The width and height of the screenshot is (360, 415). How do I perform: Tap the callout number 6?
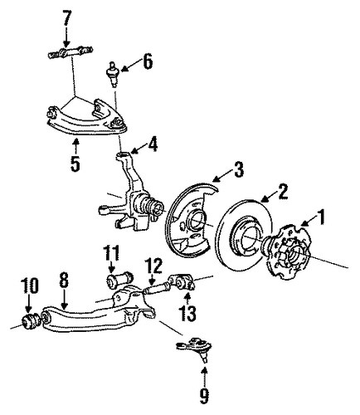148,61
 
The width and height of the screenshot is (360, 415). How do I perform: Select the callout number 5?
75,163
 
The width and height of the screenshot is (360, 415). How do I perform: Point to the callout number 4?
152,144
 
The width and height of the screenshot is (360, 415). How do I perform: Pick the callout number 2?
282,191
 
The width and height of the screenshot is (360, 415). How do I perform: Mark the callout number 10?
29,286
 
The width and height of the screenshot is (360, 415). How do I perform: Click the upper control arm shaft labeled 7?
69,52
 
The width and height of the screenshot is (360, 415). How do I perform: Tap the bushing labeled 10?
30,321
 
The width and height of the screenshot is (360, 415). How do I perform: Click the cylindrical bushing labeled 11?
119,281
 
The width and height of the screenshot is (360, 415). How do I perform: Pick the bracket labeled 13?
182,281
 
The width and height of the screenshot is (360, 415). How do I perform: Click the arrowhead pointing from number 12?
151,283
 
